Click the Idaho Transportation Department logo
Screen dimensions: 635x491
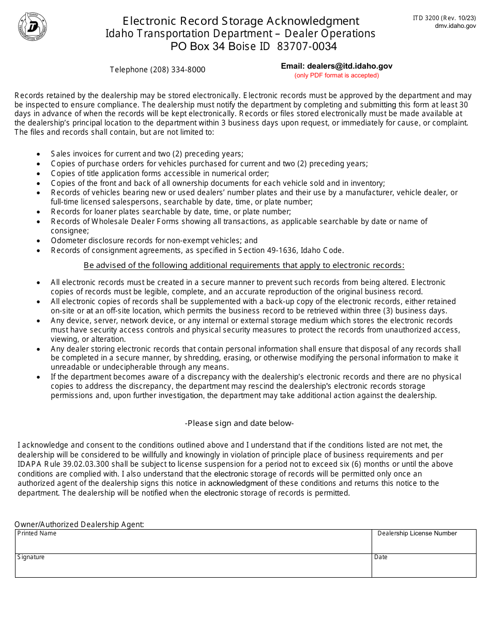tap(33, 26)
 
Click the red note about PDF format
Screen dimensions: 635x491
tap(336, 75)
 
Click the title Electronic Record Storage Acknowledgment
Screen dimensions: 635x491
tap(240, 21)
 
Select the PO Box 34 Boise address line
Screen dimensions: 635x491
tap(253, 46)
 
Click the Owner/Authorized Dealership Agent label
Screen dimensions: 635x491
tap(79, 524)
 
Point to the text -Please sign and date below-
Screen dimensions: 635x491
tap(239, 423)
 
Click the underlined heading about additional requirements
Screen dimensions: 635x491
tap(243, 265)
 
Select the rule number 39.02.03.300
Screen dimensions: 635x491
tap(79, 464)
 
